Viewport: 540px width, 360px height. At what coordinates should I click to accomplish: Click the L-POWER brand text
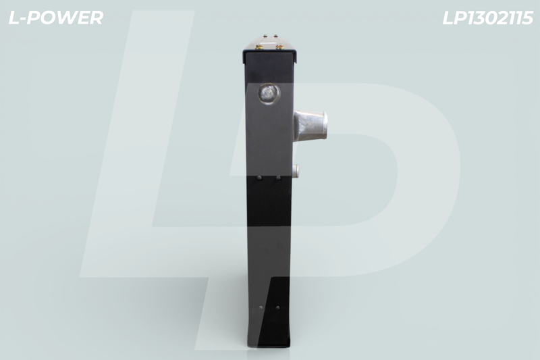tap(56, 18)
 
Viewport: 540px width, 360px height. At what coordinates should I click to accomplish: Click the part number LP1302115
tap(487, 18)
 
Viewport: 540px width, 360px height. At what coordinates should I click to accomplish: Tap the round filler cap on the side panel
tap(269, 93)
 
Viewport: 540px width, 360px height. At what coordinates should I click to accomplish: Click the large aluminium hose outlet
tap(310, 125)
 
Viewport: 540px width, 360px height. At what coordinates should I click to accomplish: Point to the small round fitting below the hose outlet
tap(295, 171)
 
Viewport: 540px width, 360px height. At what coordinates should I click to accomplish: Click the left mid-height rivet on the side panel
tap(259, 178)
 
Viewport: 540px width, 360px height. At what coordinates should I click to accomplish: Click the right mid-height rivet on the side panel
tap(278, 178)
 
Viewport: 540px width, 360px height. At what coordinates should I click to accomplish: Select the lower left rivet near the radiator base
tap(261, 307)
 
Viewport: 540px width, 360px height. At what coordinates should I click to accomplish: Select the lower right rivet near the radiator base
tap(277, 307)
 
